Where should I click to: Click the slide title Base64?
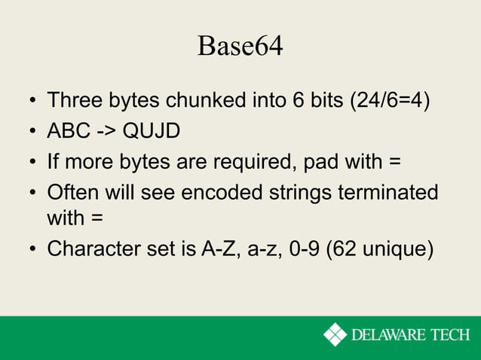click(240, 47)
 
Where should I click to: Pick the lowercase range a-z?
click(263, 249)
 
